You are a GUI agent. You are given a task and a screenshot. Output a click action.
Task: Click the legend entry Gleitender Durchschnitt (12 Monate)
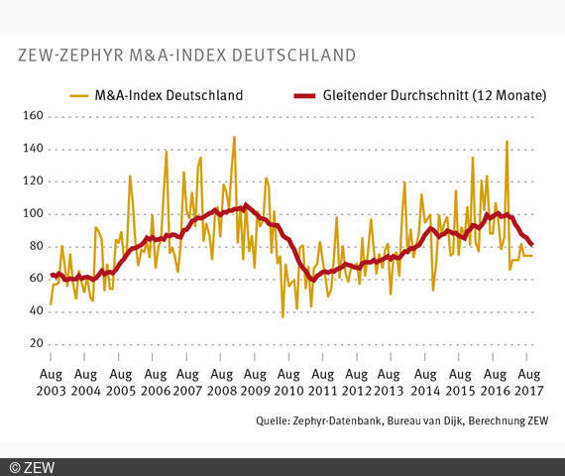[421, 96]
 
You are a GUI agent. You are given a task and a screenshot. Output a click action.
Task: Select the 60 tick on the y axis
[36, 279]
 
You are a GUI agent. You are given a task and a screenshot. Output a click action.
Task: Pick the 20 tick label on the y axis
[36, 343]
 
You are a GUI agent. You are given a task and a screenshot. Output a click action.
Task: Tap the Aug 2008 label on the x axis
[220, 383]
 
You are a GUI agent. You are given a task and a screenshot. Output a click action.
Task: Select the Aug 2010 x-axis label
[288, 383]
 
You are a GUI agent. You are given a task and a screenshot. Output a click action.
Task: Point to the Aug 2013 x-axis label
[391, 383]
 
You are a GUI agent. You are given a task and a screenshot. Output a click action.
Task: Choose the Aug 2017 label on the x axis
[526, 383]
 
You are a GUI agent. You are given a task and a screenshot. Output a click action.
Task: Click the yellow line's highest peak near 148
[234, 137]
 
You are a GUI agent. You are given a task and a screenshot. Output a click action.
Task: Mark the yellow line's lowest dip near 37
[282, 316]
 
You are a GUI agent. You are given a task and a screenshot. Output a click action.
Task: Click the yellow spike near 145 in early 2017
[507, 141]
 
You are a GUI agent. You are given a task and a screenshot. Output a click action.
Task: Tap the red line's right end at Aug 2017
[531, 245]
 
